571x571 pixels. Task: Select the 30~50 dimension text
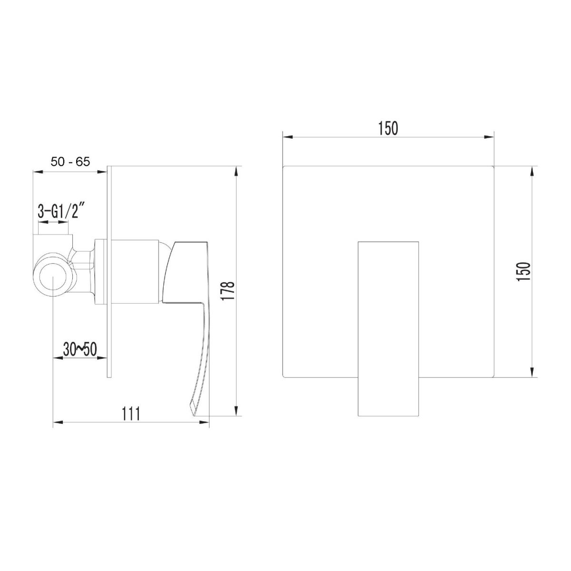80,350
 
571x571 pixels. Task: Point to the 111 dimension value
131,413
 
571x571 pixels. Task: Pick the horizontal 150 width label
388,128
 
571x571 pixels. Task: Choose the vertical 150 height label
523,271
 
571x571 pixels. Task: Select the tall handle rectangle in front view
388,329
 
